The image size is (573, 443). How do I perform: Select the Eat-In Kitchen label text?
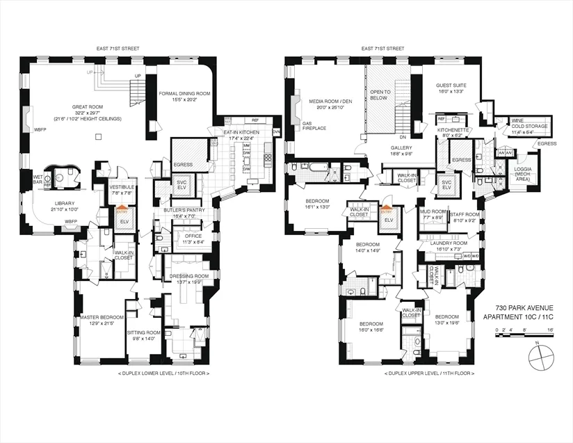[x=240, y=134]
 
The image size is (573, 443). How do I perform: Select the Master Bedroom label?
[x=102, y=321]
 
